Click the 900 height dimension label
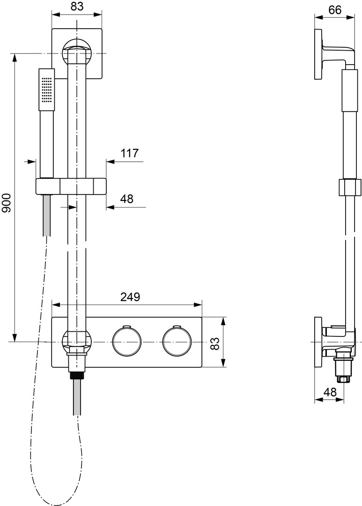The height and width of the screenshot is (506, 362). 7,203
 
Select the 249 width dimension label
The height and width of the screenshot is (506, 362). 130,297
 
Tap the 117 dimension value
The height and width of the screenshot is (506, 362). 129,153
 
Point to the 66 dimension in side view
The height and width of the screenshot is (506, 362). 335,10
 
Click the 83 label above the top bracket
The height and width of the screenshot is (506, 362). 77,7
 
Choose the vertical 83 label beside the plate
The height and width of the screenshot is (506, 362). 214,343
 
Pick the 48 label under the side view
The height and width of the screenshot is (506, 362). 330,392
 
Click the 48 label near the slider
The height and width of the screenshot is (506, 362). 127,199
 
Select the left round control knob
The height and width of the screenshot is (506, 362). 127,342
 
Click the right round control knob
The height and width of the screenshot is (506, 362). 177,342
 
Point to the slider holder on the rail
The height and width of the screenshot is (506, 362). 71,186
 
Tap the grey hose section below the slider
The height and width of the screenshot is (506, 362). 47,215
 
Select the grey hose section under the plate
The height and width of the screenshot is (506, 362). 77,397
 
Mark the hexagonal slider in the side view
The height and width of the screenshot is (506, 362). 349,187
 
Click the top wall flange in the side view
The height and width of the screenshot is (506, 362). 318,54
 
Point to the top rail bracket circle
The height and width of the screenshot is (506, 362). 77,53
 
